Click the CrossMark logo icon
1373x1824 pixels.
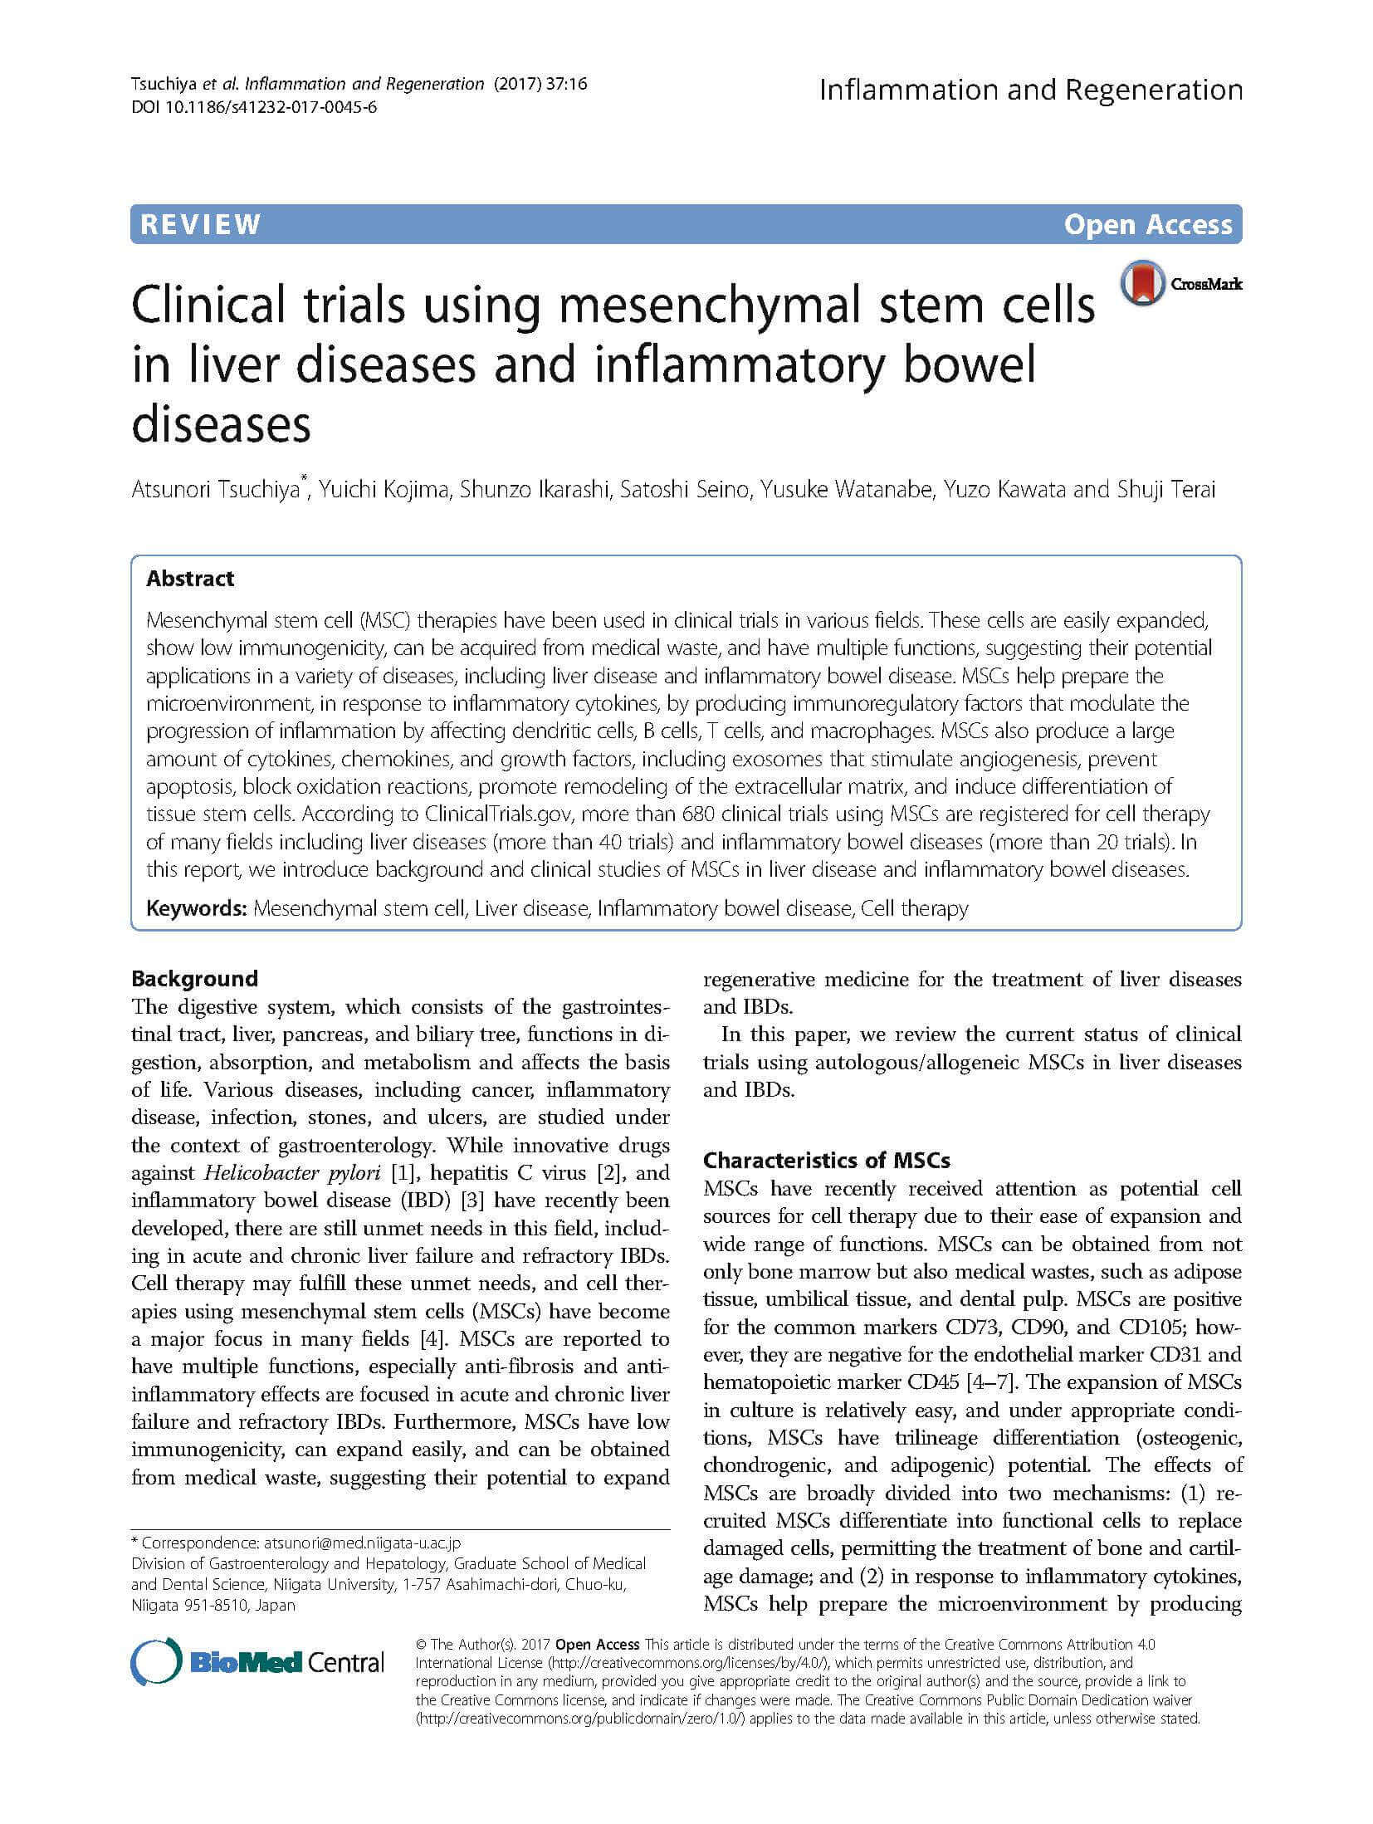pos(1143,285)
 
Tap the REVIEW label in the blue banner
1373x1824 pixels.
pos(201,224)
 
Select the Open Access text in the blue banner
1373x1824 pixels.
pos(1148,225)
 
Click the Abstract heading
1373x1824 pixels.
pos(190,579)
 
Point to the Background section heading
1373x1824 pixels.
pos(194,978)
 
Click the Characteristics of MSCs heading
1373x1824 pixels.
pos(826,1160)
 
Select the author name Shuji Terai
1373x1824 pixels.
pos(1172,490)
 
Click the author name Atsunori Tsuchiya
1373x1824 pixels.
pos(215,490)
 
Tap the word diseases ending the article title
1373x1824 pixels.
pos(221,424)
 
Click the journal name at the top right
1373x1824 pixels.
pos(1030,90)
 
